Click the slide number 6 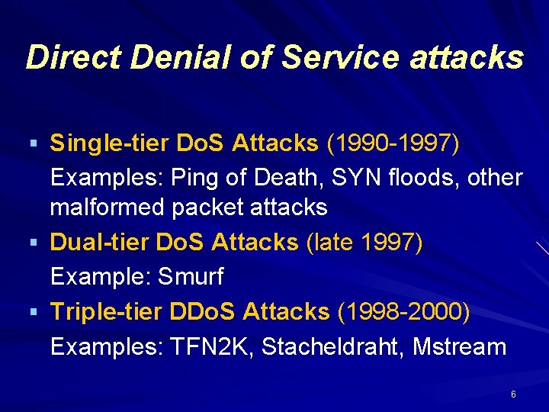click(x=513, y=394)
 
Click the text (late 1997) click(x=364, y=243)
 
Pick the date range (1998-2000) click(x=403, y=311)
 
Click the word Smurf click(x=191, y=277)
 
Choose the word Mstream click(x=459, y=346)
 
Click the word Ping click(x=194, y=178)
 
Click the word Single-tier click(x=110, y=143)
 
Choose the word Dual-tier click(x=100, y=243)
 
